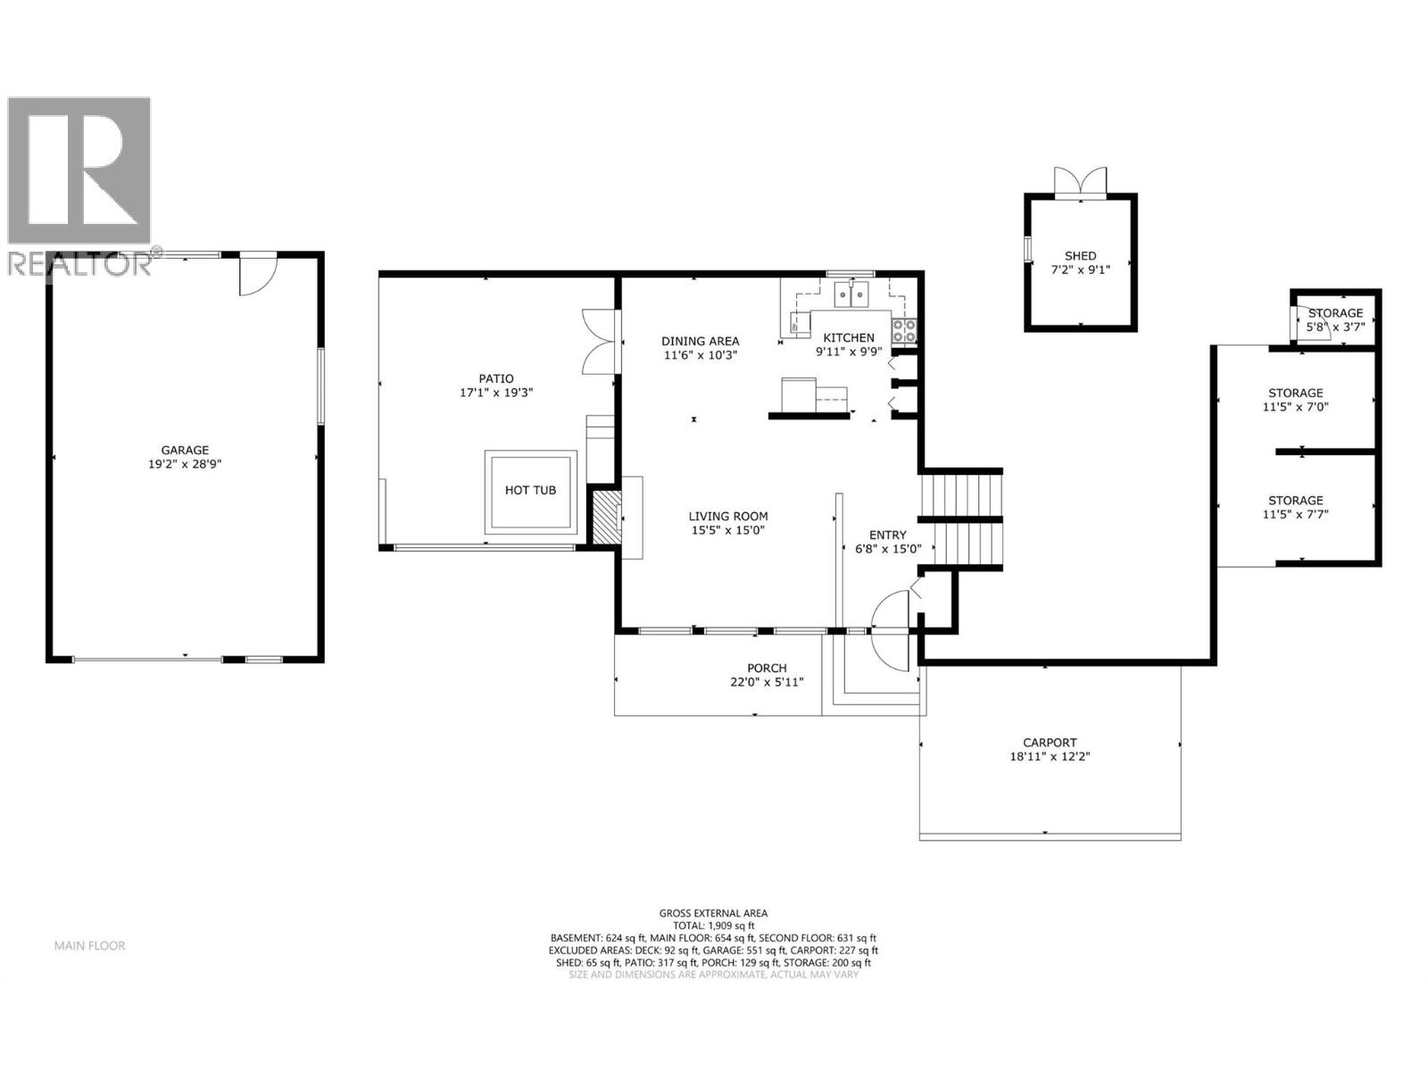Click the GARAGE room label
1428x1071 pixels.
184,451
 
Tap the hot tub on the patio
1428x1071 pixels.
530,490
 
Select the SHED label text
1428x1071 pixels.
1080,256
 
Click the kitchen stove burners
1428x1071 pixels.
903,331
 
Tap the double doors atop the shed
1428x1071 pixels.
1080,183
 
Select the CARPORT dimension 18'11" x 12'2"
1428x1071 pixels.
1050,756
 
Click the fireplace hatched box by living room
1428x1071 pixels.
604,516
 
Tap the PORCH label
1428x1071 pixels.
767,668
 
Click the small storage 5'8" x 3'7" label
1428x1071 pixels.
1335,320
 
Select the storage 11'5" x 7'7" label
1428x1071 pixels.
1296,507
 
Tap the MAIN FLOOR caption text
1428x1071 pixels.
89,945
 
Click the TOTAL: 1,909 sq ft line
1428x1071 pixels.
713,926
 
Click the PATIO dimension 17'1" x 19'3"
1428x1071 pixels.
495,392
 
